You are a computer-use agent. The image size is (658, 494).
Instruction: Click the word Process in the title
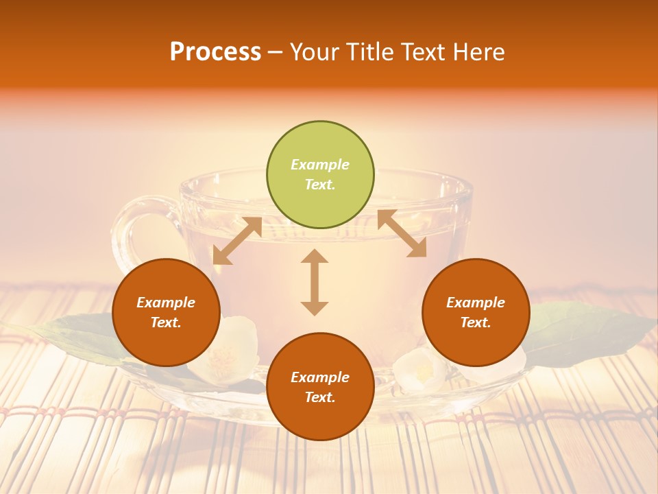[215, 52]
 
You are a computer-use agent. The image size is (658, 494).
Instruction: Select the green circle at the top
[320, 175]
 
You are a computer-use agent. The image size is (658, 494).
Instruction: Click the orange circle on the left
[166, 313]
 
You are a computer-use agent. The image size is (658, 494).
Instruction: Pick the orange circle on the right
[476, 313]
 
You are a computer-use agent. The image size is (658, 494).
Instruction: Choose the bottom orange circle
[320, 387]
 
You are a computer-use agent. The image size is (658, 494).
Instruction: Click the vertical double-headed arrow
[315, 282]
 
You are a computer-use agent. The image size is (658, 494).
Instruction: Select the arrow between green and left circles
[237, 241]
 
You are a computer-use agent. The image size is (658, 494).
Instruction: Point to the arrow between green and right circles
[402, 234]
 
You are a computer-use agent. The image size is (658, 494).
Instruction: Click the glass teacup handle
[130, 233]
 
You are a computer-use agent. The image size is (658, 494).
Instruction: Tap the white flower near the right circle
[418, 370]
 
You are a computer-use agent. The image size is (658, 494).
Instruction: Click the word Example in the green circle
[320, 165]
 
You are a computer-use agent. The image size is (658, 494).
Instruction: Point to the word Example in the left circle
[166, 303]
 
